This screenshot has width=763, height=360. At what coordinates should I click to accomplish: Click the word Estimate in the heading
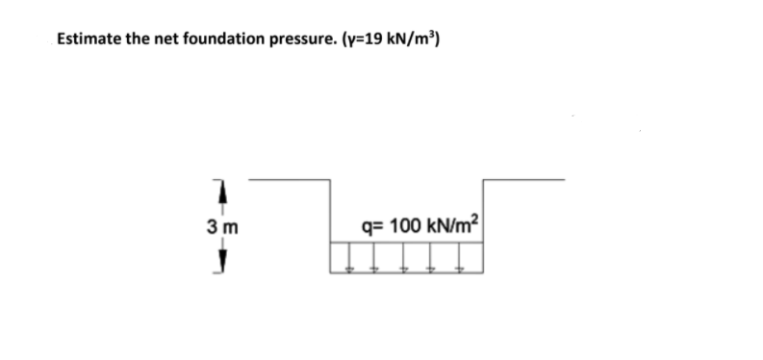[x=89, y=39]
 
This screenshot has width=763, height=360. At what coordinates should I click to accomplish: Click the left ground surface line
[x=289, y=180]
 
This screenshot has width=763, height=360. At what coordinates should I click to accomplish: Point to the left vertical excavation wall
[x=329, y=212]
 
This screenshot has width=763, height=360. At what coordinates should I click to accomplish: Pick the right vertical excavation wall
[x=482, y=212]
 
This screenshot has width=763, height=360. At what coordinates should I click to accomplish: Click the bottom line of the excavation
[x=405, y=271]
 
